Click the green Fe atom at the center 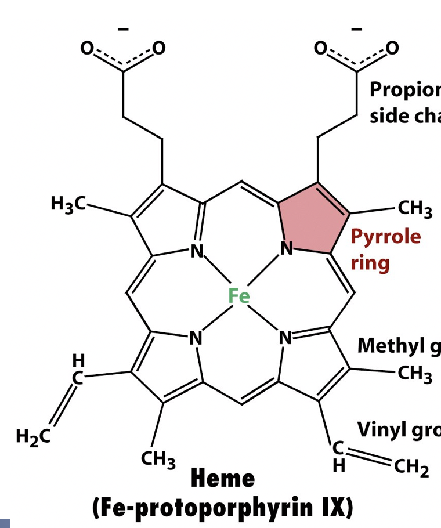pos(238,296)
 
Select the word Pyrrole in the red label pos(385,237)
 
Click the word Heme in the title pos(223,479)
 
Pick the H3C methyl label pos(68,204)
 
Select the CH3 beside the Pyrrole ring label pos(415,209)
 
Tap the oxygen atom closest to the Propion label pos(393,48)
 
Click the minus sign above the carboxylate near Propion pos(357,28)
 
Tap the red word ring pos(370,262)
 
